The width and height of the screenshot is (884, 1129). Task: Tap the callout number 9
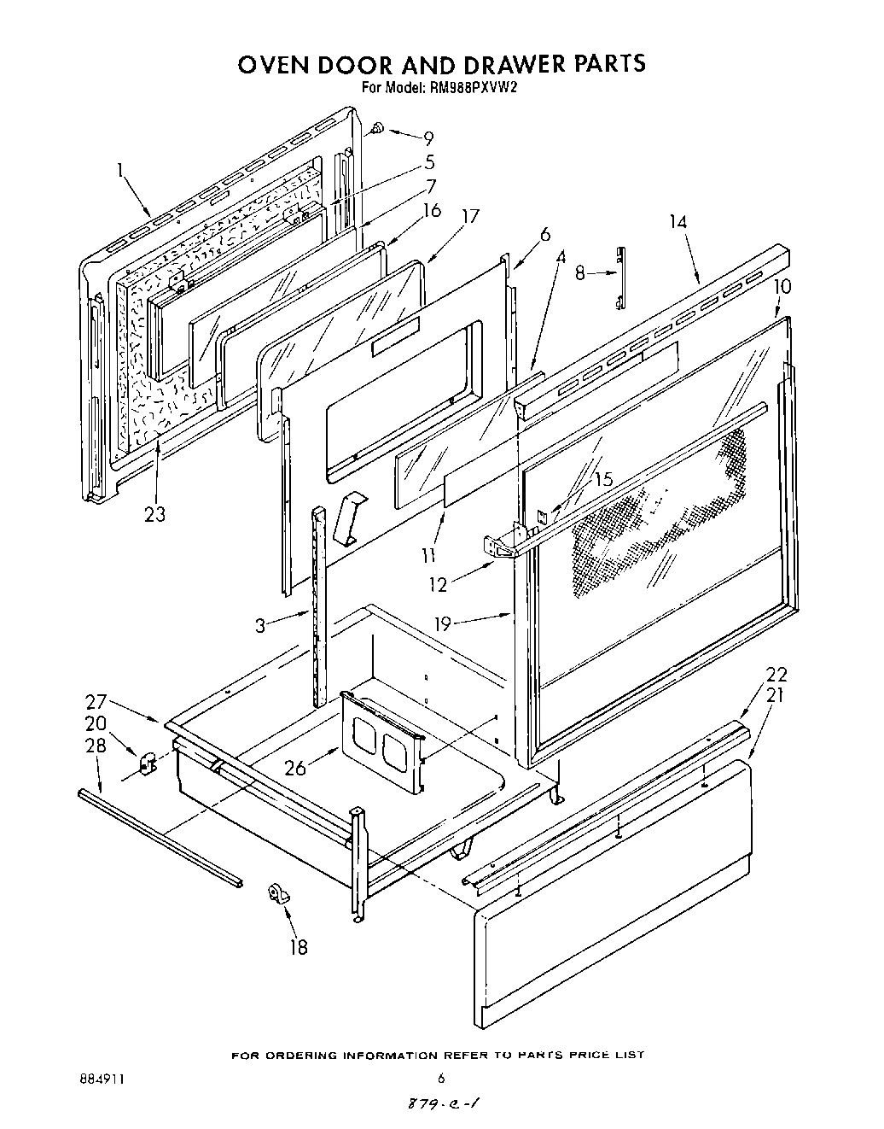[428, 139]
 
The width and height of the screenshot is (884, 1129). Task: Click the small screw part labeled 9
[376, 129]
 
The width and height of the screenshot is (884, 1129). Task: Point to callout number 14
[678, 223]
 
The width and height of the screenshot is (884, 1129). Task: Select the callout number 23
[154, 514]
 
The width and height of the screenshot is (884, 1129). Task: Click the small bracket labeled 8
[621, 278]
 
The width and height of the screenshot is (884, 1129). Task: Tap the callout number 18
[298, 947]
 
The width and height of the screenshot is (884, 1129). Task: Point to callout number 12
[437, 585]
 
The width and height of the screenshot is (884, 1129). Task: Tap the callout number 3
[261, 625]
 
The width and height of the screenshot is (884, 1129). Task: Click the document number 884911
[101, 1079]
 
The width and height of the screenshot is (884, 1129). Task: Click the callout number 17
[470, 217]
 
